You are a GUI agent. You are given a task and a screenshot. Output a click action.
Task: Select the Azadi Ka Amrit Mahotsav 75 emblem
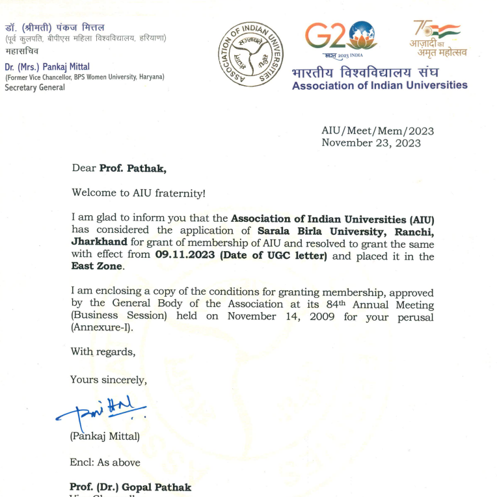[436, 37]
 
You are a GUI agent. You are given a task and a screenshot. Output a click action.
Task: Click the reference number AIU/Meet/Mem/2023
[377, 131]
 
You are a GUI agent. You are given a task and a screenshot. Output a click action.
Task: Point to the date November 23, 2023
[371, 143]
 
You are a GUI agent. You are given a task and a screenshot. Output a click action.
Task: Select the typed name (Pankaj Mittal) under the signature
[104, 437]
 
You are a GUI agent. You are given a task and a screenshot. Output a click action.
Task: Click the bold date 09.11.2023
[185, 256]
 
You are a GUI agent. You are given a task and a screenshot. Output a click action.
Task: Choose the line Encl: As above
[105, 463]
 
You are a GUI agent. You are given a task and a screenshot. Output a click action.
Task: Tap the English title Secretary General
[35, 87]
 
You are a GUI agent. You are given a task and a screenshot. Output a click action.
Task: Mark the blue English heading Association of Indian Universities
[379, 85]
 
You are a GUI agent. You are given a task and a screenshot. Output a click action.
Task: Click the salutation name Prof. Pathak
[133, 169]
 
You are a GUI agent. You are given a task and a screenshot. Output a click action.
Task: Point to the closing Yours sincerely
[109, 380]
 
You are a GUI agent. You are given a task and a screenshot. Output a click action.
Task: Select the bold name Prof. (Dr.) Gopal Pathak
[131, 487]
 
